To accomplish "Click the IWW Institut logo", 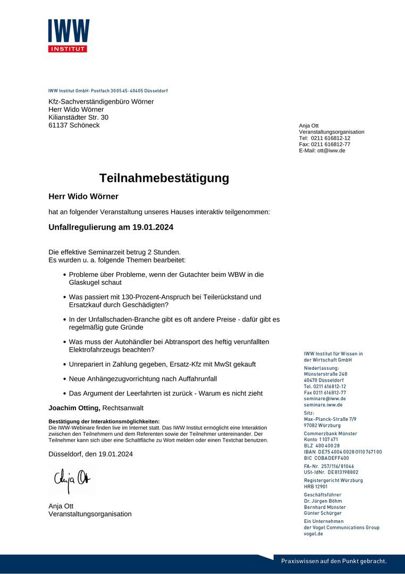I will coord(69,36).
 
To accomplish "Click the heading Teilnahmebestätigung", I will coord(164,178).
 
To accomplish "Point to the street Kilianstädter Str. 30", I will coord(78,117).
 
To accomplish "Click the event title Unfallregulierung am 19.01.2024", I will coord(111,227).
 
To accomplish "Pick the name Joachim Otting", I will coord(74,408).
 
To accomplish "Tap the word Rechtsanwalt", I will coord(123,408).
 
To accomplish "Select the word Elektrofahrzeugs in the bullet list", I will coord(97,350).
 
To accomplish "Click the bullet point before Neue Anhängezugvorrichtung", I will coord(64,379).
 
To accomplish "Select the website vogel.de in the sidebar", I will coord(314,534).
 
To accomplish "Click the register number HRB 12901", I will coord(316,486).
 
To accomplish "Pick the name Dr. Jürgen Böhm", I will coord(323,501).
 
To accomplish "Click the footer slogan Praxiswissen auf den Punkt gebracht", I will coord(334,561).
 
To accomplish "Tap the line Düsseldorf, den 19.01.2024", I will coord(90,454).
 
